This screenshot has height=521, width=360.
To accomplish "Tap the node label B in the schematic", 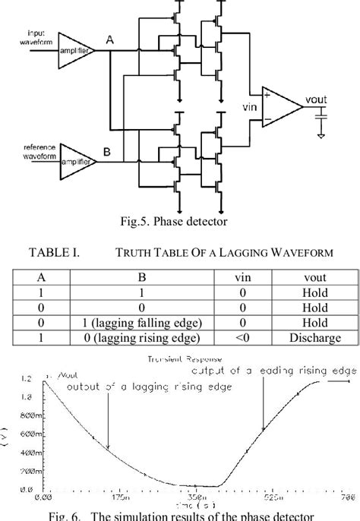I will pyautogui.click(x=108, y=152).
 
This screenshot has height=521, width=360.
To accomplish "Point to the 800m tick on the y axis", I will pyautogui.click(x=28, y=415).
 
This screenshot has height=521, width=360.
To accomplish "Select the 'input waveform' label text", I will pyautogui.click(x=38, y=37).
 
